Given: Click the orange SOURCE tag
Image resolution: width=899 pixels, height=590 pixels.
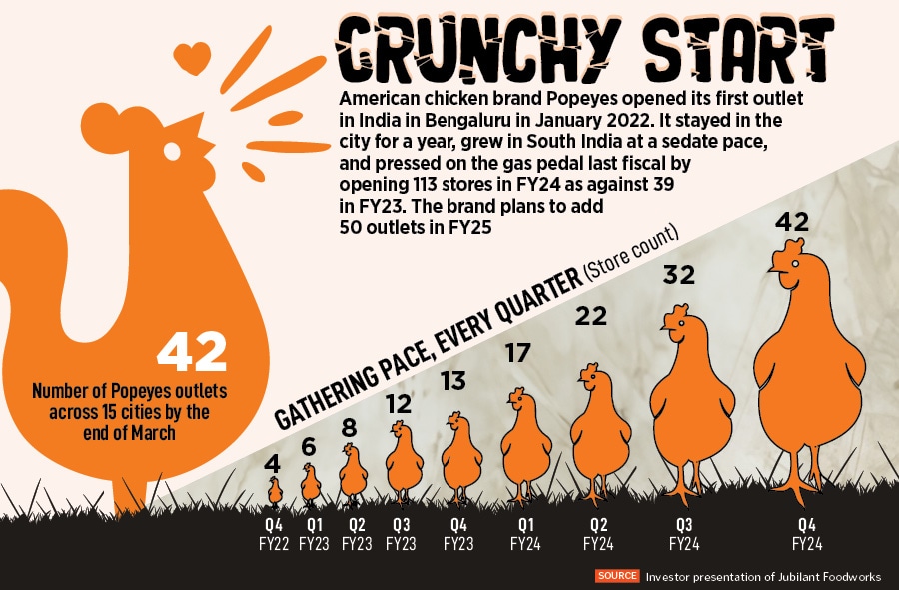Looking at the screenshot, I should click(617, 576).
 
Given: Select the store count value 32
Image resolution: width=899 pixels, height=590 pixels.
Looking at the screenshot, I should click(679, 275).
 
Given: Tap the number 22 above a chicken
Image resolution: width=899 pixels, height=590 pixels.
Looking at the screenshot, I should click(591, 316).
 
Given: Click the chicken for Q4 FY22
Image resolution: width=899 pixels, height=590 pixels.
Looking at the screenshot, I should click(275, 491).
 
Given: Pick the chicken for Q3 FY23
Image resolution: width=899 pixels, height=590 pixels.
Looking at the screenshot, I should click(404, 460).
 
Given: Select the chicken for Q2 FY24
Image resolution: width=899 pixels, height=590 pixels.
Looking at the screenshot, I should click(599, 430).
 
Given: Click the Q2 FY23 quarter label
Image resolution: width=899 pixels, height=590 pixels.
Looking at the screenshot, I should click(356, 533).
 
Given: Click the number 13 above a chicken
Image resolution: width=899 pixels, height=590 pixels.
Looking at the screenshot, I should click(452, 380).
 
